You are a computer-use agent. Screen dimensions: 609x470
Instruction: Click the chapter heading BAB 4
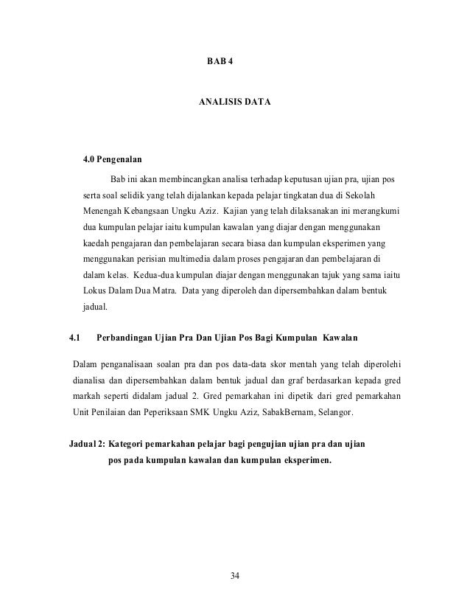coord(219,58)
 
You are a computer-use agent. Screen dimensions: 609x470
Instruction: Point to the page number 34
coord(234,575)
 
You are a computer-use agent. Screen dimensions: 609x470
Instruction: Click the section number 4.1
coord(74,338)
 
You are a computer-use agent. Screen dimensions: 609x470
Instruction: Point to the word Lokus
coord(94,291)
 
